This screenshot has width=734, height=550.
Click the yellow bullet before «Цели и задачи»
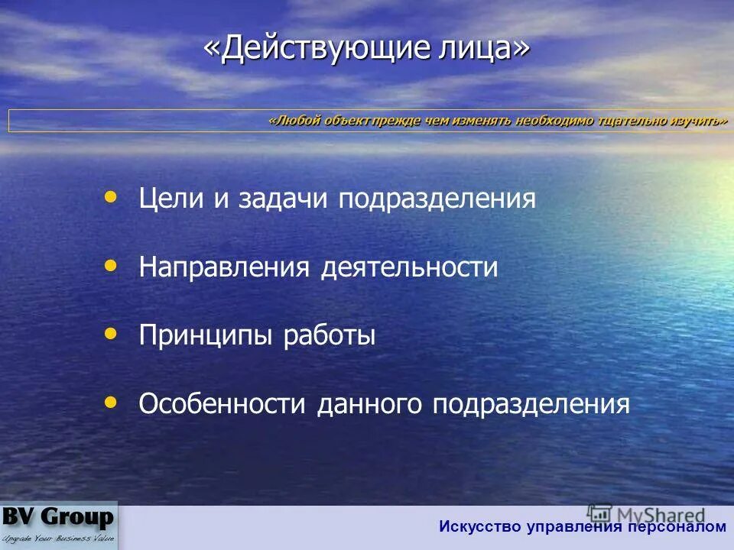(x=111, y=197)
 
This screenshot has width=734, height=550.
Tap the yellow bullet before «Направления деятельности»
(x=111, y=265)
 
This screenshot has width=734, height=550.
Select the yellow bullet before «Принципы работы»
(x=111, y=333)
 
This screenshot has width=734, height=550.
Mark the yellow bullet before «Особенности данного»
(x=111, y=401)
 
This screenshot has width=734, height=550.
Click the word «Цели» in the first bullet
(x=172, y=199)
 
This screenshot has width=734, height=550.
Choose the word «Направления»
(x=224, y=267)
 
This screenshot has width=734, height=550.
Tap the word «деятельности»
(x=409, y=267)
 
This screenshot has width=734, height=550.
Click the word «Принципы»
(x=206, y=336)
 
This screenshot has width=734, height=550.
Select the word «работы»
(x=330, y=336)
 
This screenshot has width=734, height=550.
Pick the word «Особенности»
(x=222, y=404)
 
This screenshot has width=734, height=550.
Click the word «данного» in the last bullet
(x=370, y=404)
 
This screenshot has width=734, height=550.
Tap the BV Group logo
(x=59, y=525)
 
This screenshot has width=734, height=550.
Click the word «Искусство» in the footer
(x=479, y=526)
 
